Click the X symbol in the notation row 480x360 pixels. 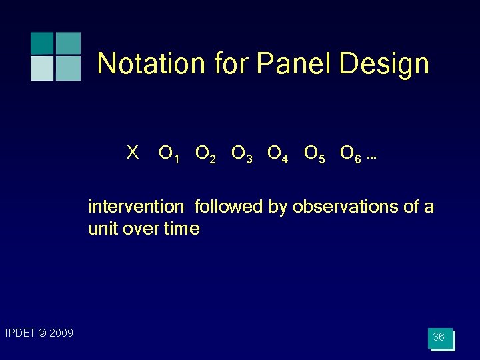click(133, 153)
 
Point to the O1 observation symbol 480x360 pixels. click(169, 155)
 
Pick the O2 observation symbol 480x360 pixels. click(205, 155)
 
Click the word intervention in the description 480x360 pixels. click(135, 207)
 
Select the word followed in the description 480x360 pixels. click(229, 207)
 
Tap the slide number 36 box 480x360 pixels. click(439, 338)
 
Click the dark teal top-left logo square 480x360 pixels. click(42, 43)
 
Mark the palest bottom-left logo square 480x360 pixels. click(42, 69)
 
